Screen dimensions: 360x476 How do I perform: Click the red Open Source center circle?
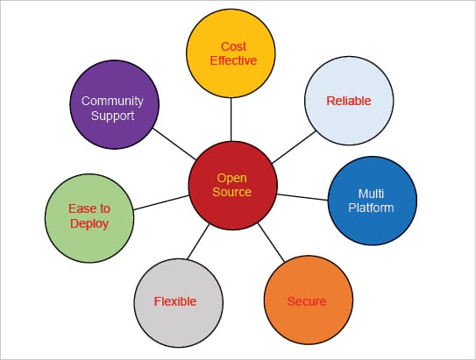click(x=232, y=184)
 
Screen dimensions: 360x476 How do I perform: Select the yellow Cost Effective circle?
click(x=232, y=53)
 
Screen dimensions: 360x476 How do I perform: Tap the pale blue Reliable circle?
click(x=348, y=102)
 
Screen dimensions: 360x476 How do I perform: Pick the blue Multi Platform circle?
click(x=372, y=201)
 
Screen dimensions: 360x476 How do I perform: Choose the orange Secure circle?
click(x=307, y=300)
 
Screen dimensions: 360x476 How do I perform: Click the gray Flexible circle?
click(x=176, y=300)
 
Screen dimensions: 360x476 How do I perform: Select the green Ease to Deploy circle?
click(x=89, y=216)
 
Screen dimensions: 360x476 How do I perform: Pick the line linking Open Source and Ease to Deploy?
click(x=161, y=201)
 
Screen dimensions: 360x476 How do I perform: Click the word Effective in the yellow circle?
click(x=232, y=60)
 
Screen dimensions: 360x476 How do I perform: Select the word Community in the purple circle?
click(x=112, y=101)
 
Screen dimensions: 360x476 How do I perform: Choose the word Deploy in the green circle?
click(x=89, y=224)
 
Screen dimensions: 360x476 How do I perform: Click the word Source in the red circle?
click(x=232, y=192)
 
